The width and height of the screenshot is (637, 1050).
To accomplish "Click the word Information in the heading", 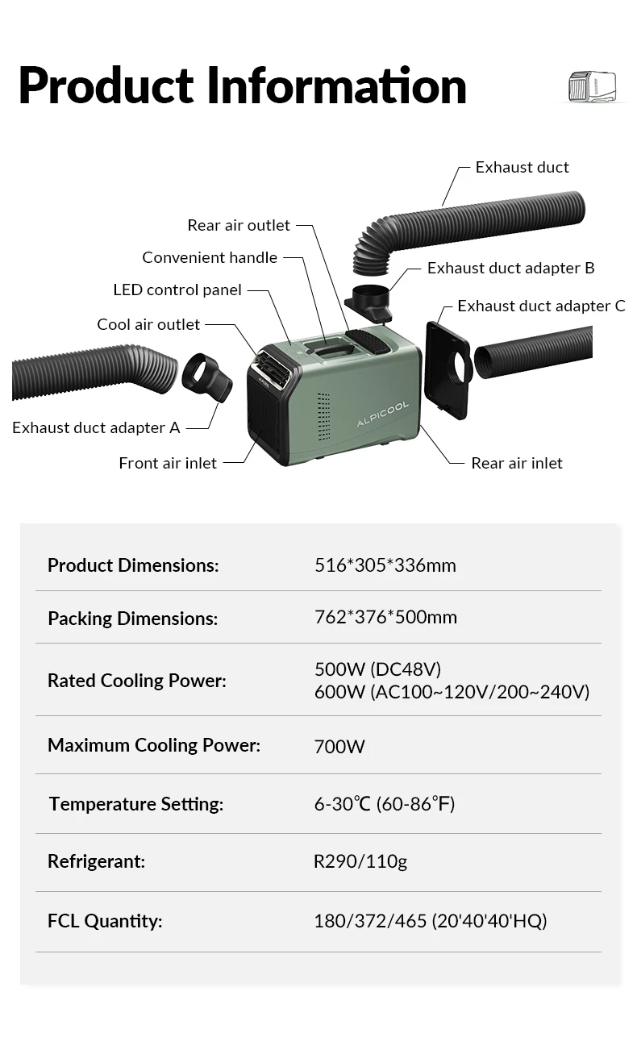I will point(337,85).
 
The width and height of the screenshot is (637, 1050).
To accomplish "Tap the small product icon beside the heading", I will point(593,87).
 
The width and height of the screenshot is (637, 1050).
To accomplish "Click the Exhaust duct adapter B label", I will point(510,268).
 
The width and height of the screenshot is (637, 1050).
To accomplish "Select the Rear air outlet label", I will point(238,225).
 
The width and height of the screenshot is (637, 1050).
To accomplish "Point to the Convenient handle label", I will point(210,257).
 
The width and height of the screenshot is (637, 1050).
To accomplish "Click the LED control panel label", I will point(177,290).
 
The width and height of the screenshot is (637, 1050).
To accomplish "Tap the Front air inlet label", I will point(168,463).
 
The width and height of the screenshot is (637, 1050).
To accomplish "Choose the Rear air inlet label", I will point(517,463).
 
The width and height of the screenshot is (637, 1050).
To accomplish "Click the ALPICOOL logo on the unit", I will point(383,414).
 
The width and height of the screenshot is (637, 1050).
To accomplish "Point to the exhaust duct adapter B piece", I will point(370,302).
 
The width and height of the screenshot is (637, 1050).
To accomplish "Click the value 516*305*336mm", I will point(385,565).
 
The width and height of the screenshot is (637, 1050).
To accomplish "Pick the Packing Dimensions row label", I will point(133,619).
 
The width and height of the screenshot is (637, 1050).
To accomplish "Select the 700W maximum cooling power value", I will point(339,746).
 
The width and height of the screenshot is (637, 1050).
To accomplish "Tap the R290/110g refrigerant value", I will point(360,861).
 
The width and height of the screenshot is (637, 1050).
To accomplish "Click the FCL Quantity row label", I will point(105,920).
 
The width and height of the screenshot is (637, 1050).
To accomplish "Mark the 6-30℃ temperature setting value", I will point(385,804).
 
